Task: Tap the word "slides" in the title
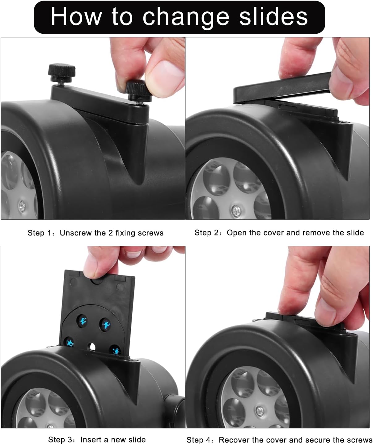[x=273, y=16]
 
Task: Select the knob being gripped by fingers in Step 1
[x=138, y=91]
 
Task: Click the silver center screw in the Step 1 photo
[x=22, y=206]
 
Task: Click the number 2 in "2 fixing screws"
[x=111, y=233]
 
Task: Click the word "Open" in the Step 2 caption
[x=237, y=233]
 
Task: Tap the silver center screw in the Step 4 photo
[x=260, y=411]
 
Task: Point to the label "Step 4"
[x=199, y=440]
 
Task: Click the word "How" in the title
[x=76, y=17]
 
